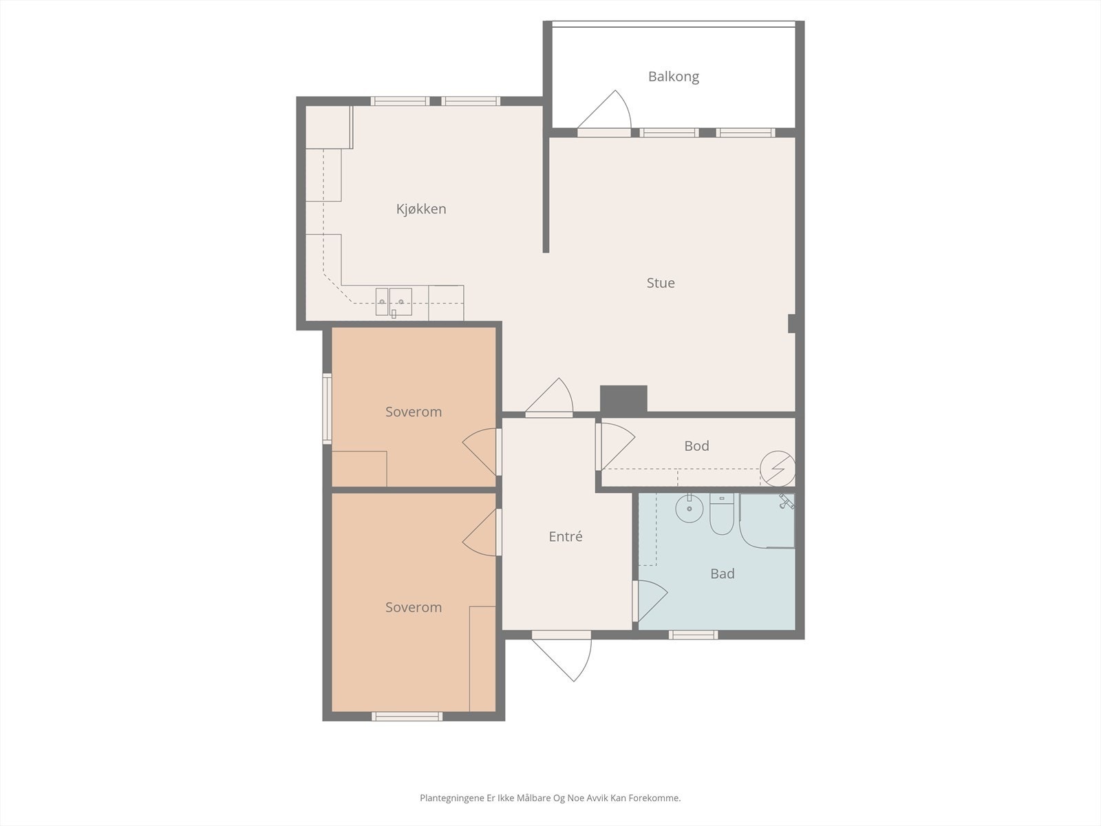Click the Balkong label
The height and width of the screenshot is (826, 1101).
click(x=673, y=76)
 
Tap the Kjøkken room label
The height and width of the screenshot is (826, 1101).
click(x=421, y=209)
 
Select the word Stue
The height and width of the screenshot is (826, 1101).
click(x=661, y=282)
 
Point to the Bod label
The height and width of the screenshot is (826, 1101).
click(x=696, y=446)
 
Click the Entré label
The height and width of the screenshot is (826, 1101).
click(x=566, y=536)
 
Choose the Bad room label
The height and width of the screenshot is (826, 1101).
click(x=723, y=573)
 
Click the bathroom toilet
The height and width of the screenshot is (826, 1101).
click(x=722, y=517)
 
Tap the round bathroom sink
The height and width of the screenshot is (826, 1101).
click(x=688, y=509)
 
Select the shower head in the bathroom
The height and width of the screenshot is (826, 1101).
click(x=786, y=502)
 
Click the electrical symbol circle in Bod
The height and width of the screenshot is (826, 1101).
click(x=778, y=469)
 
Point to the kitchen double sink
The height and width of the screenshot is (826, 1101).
click(x=394, y=301)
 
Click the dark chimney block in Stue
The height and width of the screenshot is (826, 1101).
click(x=623, y=399)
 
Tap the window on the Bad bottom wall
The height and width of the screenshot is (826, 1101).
click(x=694, y=635)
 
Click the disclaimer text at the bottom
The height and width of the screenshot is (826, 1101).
click(x=550, y=798)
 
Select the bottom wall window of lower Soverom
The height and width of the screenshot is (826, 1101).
click(x=407, y=717)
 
